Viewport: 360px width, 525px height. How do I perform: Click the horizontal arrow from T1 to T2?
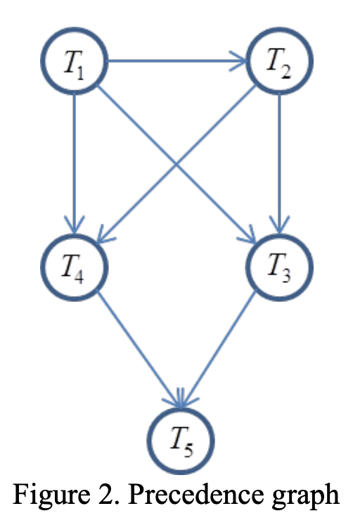pyautogui.click(x=176, y=61)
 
